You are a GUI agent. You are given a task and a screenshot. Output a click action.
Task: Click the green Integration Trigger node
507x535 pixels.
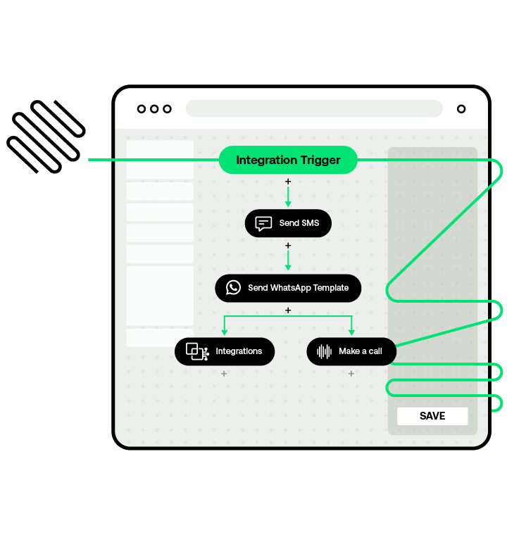click(288, 160)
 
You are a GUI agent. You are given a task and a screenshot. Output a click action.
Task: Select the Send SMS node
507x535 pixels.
click(288, 223)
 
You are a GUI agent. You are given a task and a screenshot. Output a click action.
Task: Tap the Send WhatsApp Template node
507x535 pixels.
click(288, 287)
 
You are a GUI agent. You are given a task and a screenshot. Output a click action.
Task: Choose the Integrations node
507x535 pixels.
click(225, 351)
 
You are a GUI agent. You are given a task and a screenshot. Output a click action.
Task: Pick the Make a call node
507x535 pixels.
click(351, 351)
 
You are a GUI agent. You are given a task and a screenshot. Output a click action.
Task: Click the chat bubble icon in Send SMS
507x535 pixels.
click(263, 224)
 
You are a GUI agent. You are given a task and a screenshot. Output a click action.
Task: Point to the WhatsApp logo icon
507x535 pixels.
click(233, 287)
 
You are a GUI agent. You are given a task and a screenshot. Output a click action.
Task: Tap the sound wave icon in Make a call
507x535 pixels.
click(324, 351)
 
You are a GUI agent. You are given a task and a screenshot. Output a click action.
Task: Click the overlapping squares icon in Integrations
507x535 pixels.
click(196, 351)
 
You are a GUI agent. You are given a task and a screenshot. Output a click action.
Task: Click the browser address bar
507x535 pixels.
click(314, 108)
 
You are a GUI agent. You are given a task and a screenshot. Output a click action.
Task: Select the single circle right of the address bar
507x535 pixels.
click(461, 109)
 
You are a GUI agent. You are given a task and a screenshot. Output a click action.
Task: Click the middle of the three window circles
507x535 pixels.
click(154, 109)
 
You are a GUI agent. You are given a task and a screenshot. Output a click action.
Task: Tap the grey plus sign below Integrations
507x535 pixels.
click(224, 374)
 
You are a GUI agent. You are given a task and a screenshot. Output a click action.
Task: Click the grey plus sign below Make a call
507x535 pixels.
click(351, 374)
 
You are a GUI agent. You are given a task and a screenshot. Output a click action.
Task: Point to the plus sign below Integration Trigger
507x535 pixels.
click(288, 182)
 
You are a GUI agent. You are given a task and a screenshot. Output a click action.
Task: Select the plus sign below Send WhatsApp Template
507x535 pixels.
click(288, 310)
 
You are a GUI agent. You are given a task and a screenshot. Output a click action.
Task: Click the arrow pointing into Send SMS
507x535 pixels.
click(288, 203)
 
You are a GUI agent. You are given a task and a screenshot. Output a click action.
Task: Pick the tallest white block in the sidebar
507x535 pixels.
click(160, 296)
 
